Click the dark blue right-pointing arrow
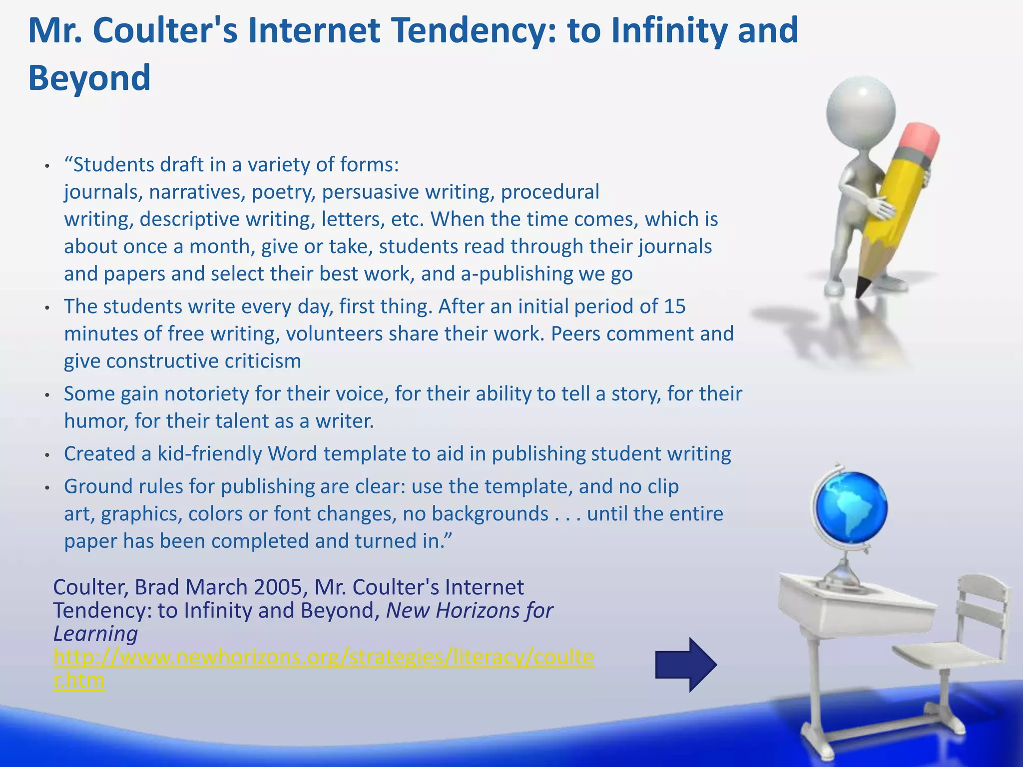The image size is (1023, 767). [686, 664]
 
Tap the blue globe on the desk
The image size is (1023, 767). [850, 507]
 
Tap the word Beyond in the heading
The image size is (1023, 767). [89, 78]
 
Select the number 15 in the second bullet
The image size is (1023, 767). [674, 306]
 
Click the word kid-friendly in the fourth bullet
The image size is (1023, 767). [209, 453]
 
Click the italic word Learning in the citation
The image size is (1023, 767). [95, 634]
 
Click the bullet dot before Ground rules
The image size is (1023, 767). [47, 487]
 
